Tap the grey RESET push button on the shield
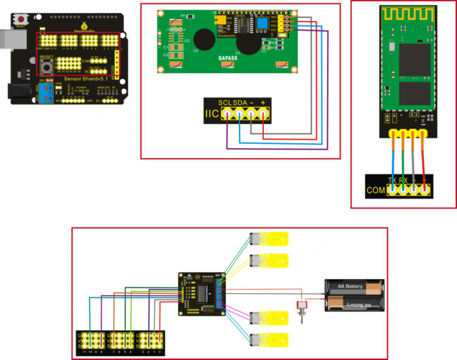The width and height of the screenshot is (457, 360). (x=47, y=66)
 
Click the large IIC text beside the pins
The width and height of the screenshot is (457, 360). (x=212, y=115)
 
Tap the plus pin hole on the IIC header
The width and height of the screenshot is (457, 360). (x=263, y=114)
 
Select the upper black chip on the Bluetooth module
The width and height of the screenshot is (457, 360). (x=412, y=56)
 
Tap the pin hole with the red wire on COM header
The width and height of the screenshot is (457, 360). (x=424, y=189)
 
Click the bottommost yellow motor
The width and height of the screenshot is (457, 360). (x=269, y=340)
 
